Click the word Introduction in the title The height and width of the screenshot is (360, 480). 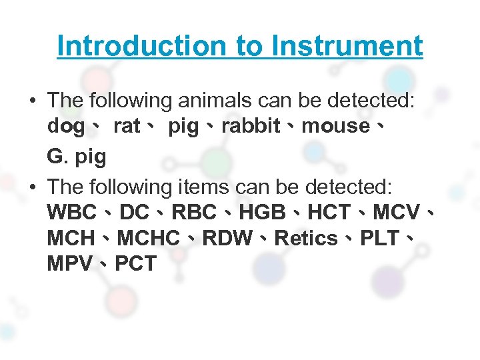tap(141, 46)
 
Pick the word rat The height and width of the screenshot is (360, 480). tap(127, 126)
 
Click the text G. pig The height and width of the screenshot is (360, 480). tap(77, 157)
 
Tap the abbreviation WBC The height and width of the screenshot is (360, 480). tap(72, 213)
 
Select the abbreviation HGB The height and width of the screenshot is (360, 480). tap(265, 213)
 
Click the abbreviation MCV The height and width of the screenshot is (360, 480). tap(397, 213)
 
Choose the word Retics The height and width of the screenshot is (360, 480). tap(306, 238)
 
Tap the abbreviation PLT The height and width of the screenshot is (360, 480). tap(381, 238)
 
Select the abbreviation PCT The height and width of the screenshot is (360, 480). tap(135, 263)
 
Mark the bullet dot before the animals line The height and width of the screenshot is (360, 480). tap(33, 101)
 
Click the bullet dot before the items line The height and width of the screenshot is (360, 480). tap(33, 187)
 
